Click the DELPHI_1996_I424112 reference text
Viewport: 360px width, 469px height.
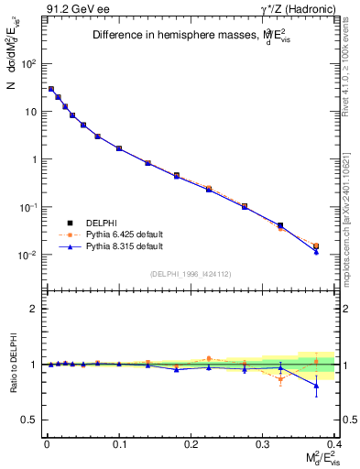190,273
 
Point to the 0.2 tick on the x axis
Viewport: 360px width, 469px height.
191,442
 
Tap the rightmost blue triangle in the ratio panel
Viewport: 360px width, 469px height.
316,386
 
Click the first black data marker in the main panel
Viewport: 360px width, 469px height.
51,89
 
